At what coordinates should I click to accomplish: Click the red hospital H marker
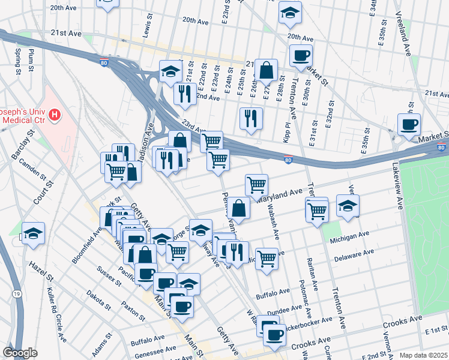click(x=55, y=114)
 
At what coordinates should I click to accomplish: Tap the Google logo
click(x=20, y=353)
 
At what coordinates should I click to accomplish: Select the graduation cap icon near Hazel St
click(x=34, y=232)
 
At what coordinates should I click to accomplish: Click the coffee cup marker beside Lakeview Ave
click(x=409, y=124)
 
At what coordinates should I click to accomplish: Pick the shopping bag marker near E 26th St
click(x=266, y=70)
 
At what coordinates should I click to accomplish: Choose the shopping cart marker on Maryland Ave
click(x=256, y=184)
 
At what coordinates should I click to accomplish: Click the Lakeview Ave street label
click(x=396, y=185)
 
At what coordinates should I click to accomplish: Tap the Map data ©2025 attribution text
click(x=424, y=355)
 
